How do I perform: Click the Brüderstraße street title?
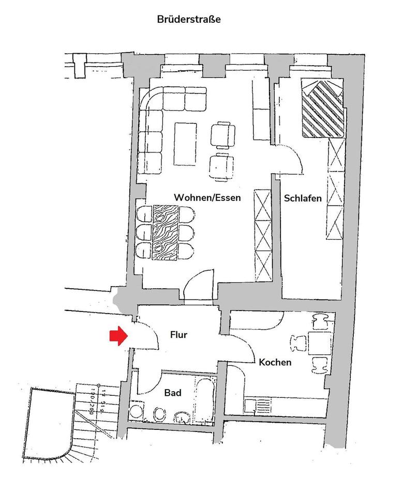point(189,20)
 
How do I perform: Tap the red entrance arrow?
point(118,336)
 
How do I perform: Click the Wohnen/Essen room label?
point(207,198)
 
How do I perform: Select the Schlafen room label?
point(303,198)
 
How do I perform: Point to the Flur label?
point(178,335)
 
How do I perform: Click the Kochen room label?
point(275,362)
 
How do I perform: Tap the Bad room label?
point(173,393)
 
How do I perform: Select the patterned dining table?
point(166,232)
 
